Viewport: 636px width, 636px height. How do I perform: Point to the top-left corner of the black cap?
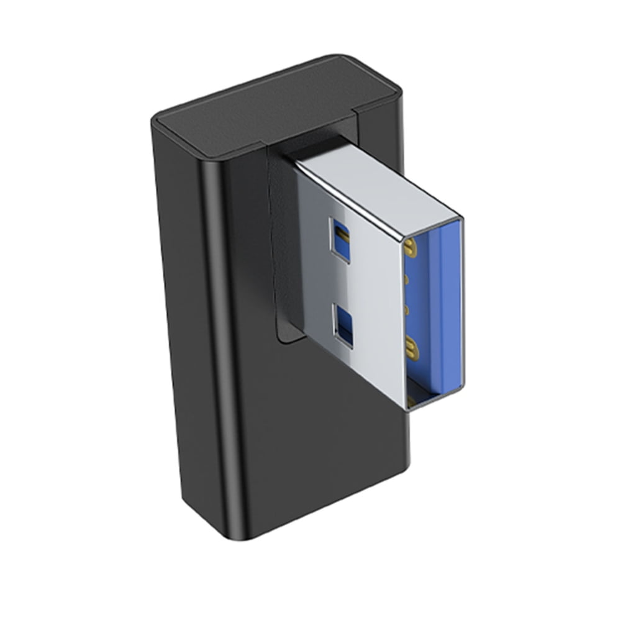159,118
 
